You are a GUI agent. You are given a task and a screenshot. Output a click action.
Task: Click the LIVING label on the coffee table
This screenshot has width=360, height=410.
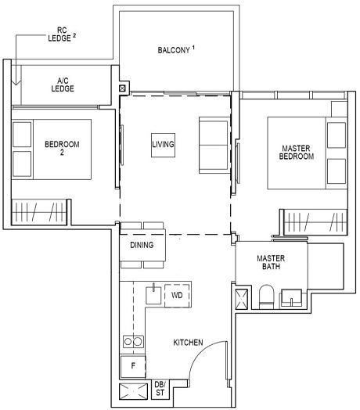[x=163, y=145]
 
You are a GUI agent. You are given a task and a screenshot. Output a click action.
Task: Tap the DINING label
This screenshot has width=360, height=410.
[x=142, y=246]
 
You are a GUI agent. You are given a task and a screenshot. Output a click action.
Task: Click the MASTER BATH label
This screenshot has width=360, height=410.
[x=271, y=263]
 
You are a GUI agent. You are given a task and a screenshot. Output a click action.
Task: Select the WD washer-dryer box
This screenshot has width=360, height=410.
[x=178, y=295]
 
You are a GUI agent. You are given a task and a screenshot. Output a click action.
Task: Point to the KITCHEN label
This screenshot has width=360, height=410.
[x=189, y=343]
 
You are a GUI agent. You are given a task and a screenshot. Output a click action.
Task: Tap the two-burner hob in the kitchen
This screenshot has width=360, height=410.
[x=131, y=342]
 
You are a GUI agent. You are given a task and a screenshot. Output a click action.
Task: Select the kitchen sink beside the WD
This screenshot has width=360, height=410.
[x=154, y=295]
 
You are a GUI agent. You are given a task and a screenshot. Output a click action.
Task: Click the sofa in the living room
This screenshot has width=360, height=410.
[x=212, y=145]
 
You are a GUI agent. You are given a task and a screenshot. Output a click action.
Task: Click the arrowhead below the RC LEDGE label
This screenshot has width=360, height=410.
[x=15, y=81]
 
